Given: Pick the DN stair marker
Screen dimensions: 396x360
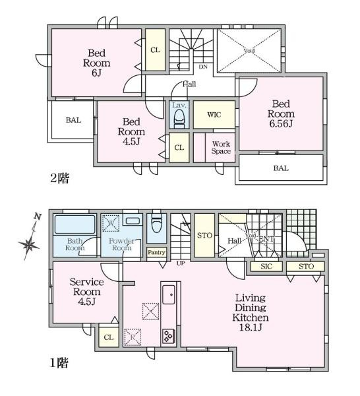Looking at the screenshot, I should [x=203, y=67].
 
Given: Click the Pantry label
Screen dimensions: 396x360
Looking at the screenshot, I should [x=156, y=252].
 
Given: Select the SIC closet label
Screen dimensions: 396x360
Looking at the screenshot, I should [x=266, y=267].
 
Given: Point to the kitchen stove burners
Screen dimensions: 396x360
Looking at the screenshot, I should [x=168, y=335].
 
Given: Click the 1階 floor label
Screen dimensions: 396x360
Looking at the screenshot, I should [x=59, y=362].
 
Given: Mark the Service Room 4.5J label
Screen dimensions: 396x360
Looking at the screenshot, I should [x=86, y=292].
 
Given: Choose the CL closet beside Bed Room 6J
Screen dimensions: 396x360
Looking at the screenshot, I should [x=155, y=50].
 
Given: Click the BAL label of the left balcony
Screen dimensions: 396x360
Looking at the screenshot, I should [x=73, y=120].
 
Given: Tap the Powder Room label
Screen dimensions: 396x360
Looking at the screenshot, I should [x=122, y=245].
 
